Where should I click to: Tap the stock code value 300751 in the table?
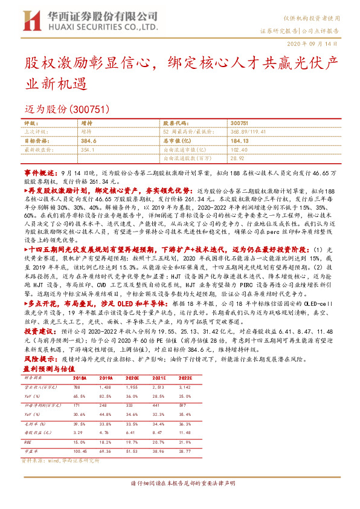(239, 122)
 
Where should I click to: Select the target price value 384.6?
(89, 139)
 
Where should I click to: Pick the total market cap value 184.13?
(239, 139)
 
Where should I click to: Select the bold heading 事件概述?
(39, 172)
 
